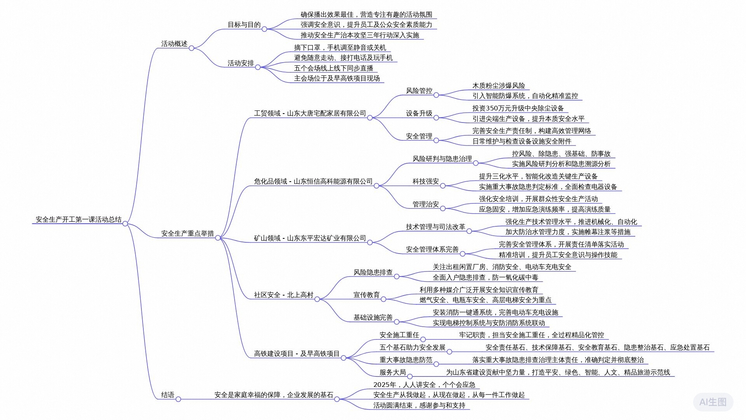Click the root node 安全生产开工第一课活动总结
tap(78, 220)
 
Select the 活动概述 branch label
tap(174, 44)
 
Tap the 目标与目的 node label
tap(244, 25)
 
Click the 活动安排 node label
tap(241, 63)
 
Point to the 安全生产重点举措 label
tap(187, 234)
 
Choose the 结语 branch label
tap(167, 395)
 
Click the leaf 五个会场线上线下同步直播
tap(333, 68)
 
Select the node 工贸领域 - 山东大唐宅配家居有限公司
tap(310, 114)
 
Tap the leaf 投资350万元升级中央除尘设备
tap(518, 108)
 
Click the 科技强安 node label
tap(425, 182)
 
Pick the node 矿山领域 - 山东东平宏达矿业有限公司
tap(310, 238)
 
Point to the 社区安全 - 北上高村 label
tap(283, 295)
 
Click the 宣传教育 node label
tap(366, 295)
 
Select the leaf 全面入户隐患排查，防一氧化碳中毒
tap(485, 278)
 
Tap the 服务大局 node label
tap(392, 373)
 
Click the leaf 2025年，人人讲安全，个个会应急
tap(424, 385)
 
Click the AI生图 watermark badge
tap(713, 402)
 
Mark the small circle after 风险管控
tap(436, 95)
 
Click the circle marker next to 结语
tap(178, 399)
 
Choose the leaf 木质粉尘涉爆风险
tap(498, 86)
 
